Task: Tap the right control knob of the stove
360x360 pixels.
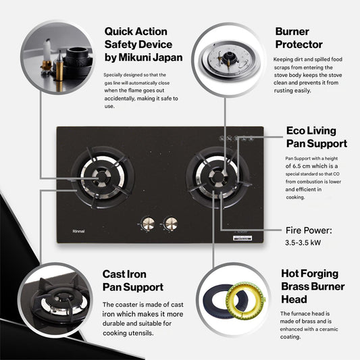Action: point(171,223)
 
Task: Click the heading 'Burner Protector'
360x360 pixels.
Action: point(301,38)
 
